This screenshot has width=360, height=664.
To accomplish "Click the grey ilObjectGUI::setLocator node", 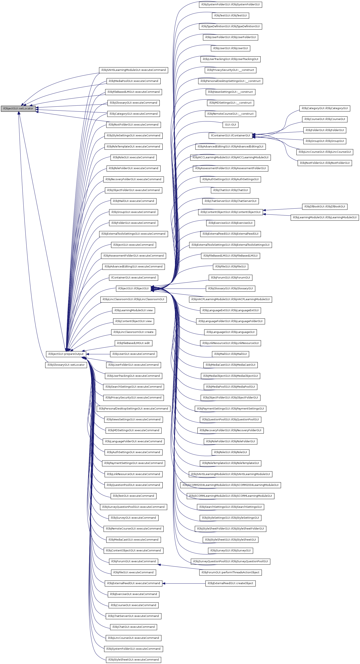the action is (18, 109).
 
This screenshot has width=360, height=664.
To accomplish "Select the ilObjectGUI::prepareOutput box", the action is (66, 354).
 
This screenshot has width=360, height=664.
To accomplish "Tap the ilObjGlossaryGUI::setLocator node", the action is (66, 365).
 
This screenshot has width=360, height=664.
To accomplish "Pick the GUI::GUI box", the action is (230, 125).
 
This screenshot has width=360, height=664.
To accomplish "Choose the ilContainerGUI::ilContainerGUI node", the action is (230, 136).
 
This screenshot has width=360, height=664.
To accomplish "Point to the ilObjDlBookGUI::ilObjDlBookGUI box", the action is (324, 206).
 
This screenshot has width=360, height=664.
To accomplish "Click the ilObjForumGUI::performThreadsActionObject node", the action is (230, 572).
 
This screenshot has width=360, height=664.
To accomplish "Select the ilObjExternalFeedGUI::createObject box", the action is (230, 583).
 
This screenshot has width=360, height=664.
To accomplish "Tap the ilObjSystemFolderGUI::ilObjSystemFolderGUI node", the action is (230, 5).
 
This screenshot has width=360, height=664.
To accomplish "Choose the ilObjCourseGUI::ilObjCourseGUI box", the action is (324, 119).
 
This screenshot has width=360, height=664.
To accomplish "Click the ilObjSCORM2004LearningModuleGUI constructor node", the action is (230, 485).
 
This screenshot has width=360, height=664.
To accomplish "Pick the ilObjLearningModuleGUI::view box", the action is (133, 310).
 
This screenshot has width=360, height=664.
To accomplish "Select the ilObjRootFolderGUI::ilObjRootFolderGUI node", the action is (324, 163).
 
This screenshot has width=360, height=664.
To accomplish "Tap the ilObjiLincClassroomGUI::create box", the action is (133, 332).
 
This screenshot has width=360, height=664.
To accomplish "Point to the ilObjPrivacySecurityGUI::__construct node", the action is (230, 70).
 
